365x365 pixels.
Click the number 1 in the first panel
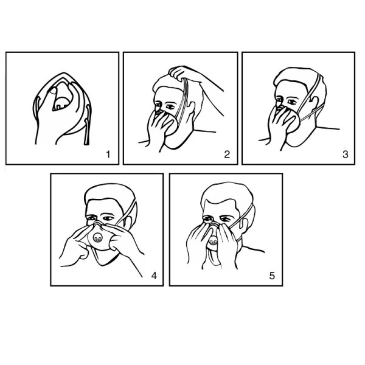[108, 155]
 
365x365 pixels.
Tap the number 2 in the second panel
[227, 155]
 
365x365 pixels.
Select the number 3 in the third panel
[346, 155]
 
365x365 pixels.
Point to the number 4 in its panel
[154, 276]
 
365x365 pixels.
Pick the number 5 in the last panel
[272, 276]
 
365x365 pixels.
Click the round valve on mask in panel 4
[97, 238]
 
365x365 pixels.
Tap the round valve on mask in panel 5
[213, 241]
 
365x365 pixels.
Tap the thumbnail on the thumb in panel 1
[54, 91]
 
